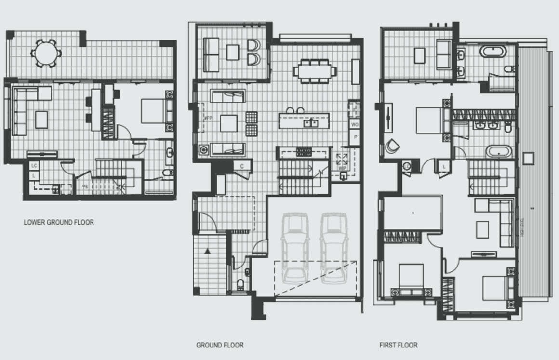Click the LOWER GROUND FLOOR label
coord(58,222)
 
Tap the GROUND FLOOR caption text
coord(219,345)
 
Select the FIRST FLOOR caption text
coord(398,345)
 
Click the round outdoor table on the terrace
coord(46,52)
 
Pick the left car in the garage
coord(295,248)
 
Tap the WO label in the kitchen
coord(355,125)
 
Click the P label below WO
coord(355,137)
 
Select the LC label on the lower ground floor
coord(34,166)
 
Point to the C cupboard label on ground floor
coord(242,166)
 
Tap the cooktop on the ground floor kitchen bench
coord(304,152)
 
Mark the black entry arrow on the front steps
coord(208,251)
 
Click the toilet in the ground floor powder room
coord(240,283)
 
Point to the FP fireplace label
coord(209,118)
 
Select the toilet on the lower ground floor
coord(167,172)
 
